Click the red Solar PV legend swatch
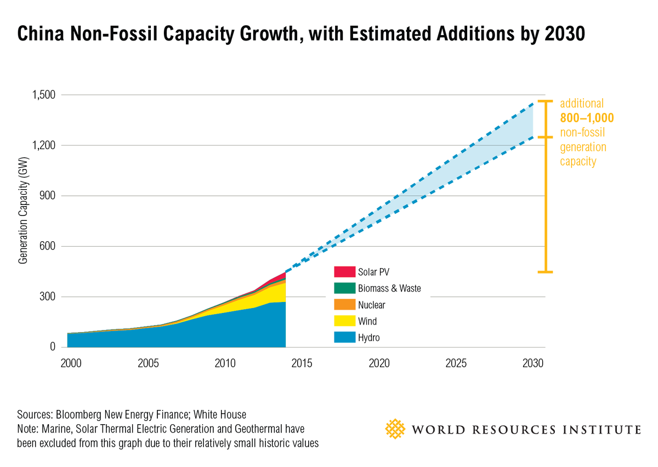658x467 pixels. coord(344,272)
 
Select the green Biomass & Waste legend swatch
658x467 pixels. coord(344,288)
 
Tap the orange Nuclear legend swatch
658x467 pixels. coord(344,305)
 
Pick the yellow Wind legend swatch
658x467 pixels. coord(344,321)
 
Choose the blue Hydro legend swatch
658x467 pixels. coord(344,338)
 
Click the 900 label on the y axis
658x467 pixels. coord(47,196)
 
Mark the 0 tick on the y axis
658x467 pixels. coord(53,347)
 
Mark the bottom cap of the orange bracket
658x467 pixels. coord(544,272)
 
